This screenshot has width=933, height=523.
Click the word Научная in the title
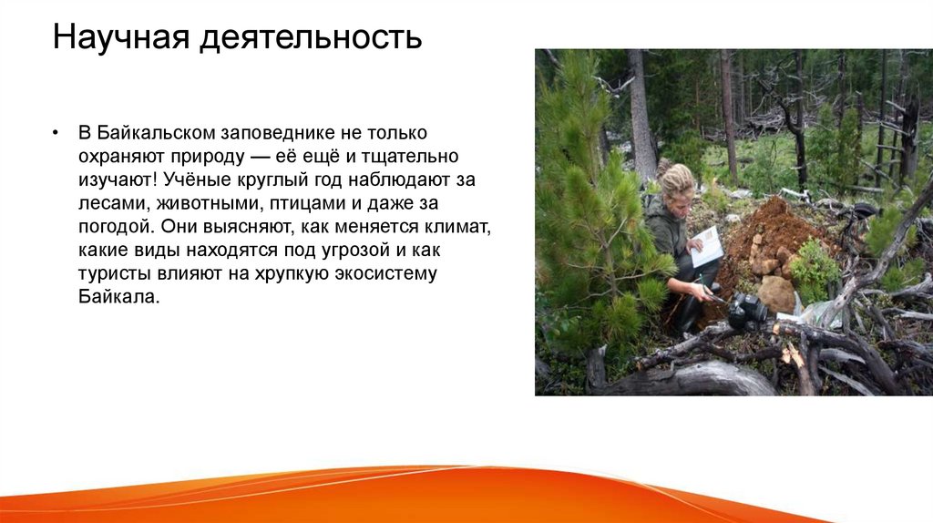pos(114,37)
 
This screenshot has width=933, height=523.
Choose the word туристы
pos(108,274)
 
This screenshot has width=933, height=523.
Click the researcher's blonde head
pos(677,182)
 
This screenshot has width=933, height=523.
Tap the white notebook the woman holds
pos(706,246)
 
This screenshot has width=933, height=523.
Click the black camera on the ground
pos(745,313)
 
